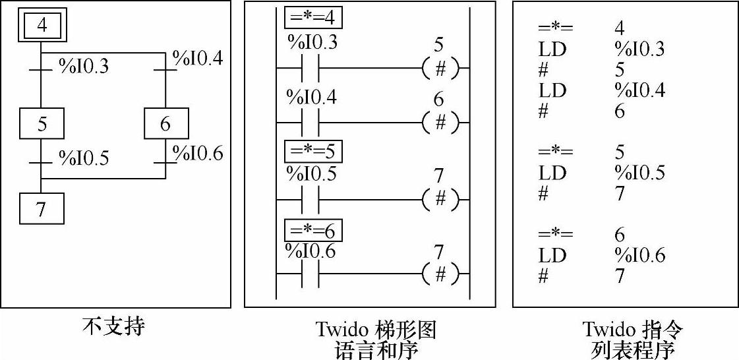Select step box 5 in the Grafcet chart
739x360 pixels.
click(x=42, y=123)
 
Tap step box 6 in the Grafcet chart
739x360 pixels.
click(x=166, y=123)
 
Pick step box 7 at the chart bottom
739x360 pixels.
click(x=42, y=210)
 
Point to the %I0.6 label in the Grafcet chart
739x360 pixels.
click(x=198, y=154)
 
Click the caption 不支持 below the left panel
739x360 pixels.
click(x=113, y=326)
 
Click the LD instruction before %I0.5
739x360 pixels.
click(x=552, y=173)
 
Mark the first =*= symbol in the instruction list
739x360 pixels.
click(x=555, y=28)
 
